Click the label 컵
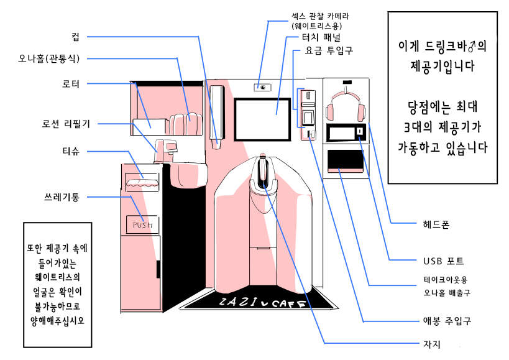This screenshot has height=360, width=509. pyautogui.click(x=75, y=37)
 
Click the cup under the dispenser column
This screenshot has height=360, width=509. pyautogui.click(x=217, y=144)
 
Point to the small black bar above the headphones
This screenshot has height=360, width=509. pyautogui.click(x=347, y=83)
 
